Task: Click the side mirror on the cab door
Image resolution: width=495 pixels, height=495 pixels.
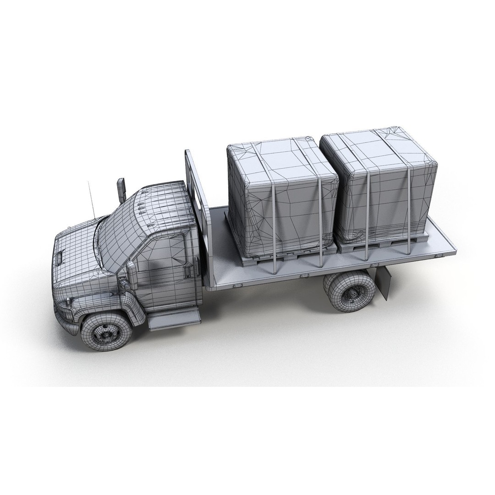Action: [x=132, y=275]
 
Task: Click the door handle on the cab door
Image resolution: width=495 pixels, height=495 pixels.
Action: [x=187, y=271]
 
